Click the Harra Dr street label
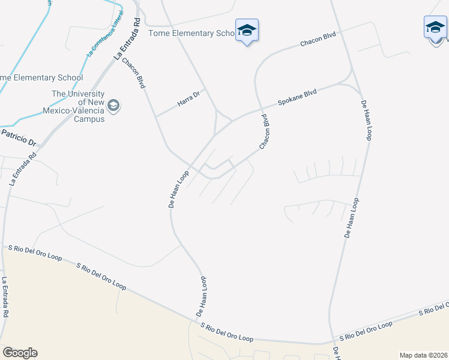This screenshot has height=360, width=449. (188, 99)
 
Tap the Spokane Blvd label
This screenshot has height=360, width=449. (297, 97)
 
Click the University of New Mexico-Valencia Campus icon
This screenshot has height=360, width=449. (113, 106)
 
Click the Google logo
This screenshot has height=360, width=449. (20, 353)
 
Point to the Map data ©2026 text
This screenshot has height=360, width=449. (424, 355)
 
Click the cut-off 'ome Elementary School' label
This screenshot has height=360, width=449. (41, 78)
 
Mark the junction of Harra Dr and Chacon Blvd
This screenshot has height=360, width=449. (155, 116)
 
